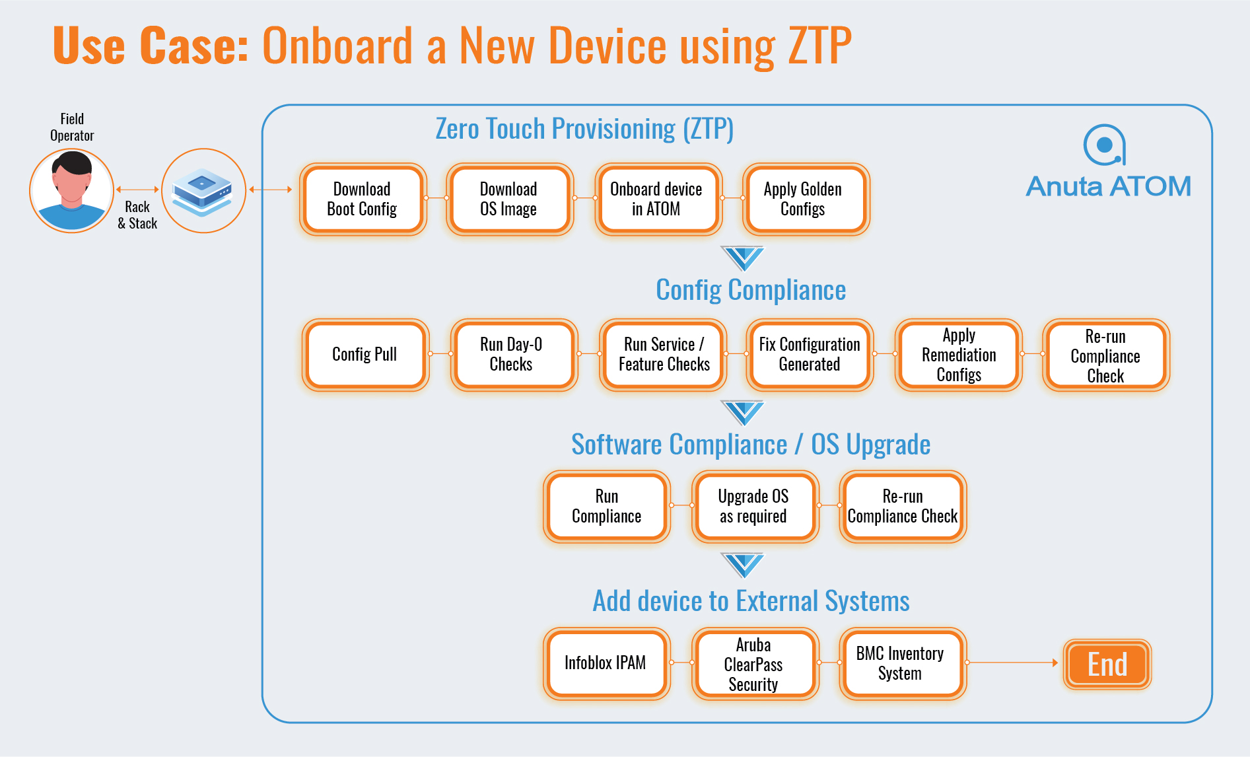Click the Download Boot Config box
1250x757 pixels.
pyautogui.click(x=363, y=199)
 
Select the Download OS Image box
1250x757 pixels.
pyautogui.click(x=509, y=199)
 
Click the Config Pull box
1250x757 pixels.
pyautogui.click(x=365, y=355)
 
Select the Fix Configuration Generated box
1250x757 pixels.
pyautogui.click(x=810, y=355)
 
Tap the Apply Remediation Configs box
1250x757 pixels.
pyautogui.click(x=958, y=355)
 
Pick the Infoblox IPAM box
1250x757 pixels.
pyautogui.click(x=606, y=663)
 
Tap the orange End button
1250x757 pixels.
pyautogui.click(x=1107, y=665)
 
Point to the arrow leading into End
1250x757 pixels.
pyautogui.click(x=1012, y=663)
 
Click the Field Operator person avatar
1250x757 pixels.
pyautogui.click(x=71, y=190)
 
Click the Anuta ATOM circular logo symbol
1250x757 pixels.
pyautogui.click(x=1104, y=145)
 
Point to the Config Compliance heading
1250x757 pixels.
pyautogui.click(x=751, y=290)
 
